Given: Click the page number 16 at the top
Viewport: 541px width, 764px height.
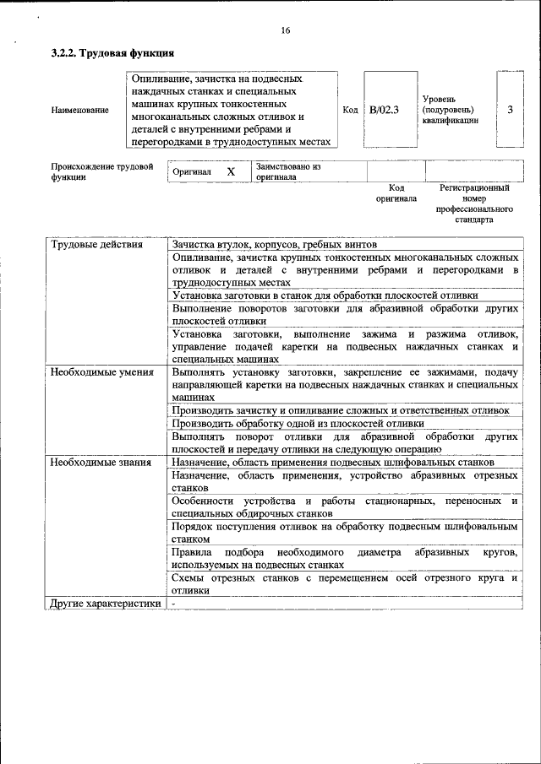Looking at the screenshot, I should tap(285, 30).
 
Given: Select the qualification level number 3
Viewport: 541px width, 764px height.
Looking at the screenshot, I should tap(510, 110).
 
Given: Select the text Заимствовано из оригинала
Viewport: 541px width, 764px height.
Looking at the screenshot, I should tap(288, 172).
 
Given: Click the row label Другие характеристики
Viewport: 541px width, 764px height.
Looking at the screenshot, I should tap(105, 604).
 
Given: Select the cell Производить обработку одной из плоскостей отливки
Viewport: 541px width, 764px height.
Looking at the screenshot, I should tap(297, 423).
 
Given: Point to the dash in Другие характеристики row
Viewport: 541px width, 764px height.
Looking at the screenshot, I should tap(173, 604).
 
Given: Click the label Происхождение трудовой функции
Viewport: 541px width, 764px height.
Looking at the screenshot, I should tap(101, 172).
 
